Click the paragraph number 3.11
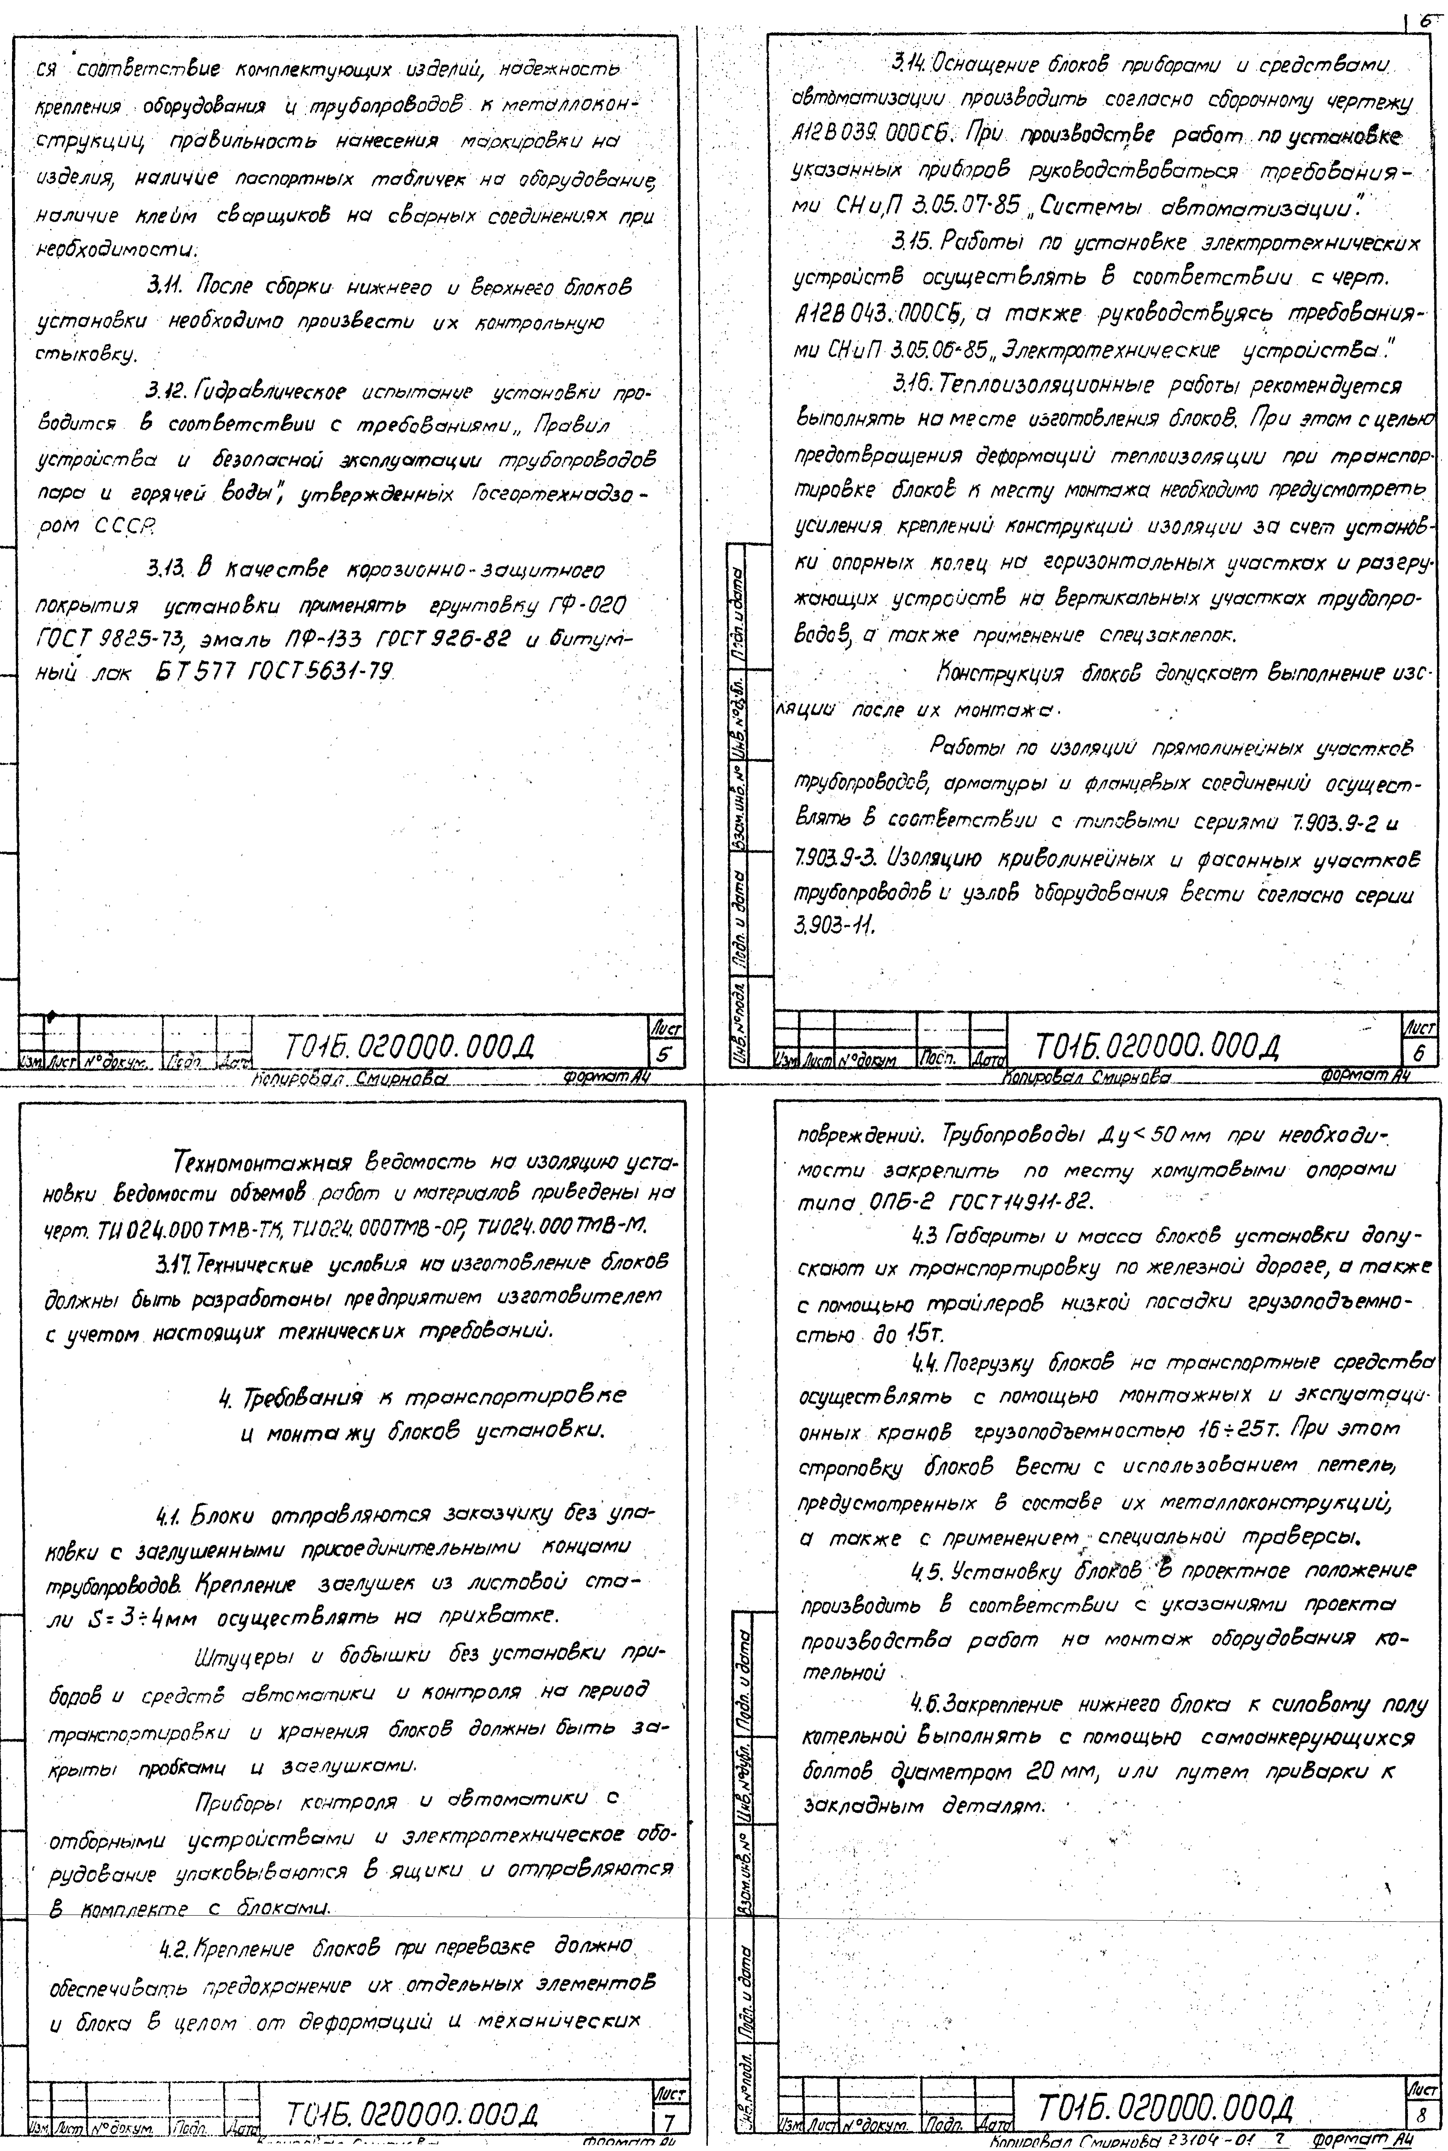click(x=168, y=289)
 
